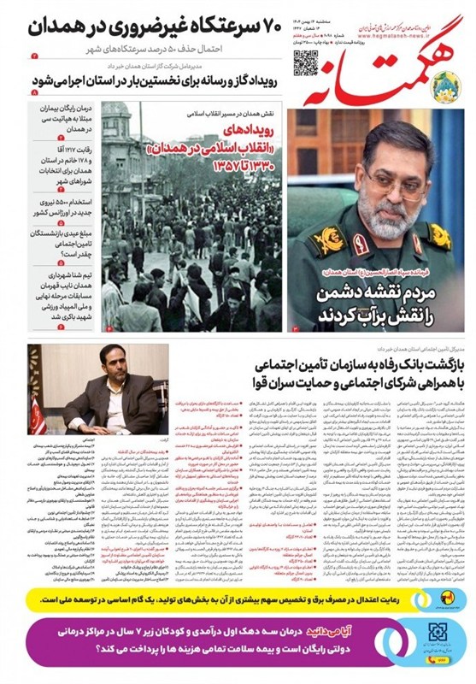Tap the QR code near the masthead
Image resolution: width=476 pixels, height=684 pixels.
pyautogui.click(x=304, y=62)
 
